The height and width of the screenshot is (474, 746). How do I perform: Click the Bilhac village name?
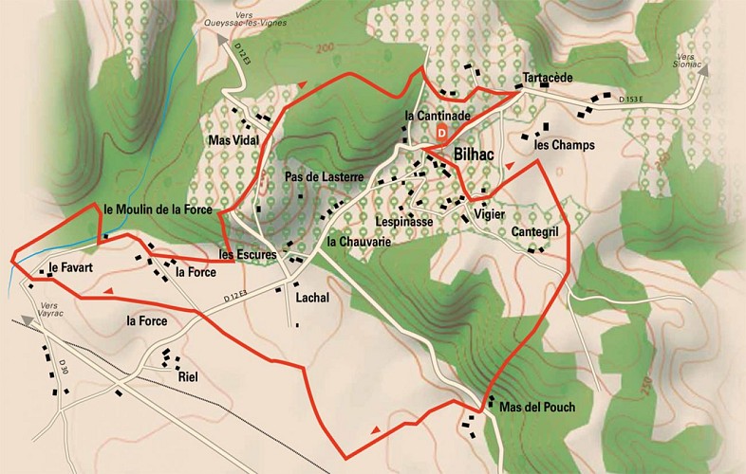478,152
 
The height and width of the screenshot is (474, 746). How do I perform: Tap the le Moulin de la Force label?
157,208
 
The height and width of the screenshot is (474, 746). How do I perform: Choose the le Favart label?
71,268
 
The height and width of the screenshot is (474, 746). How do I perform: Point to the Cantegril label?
539,232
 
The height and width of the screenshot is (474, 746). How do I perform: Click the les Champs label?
564,146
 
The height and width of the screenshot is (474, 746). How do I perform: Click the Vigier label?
489,215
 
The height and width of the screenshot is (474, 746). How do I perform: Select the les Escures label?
247,255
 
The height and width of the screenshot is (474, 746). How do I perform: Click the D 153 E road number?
631,98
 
